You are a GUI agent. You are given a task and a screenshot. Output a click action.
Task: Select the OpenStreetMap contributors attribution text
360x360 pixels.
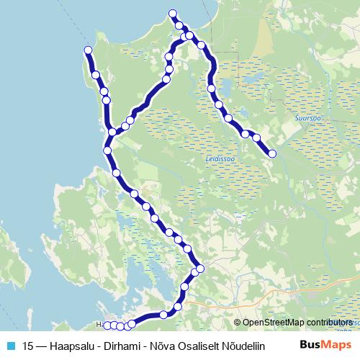[x=295, y=323]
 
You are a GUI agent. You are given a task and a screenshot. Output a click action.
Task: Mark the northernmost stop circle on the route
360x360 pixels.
[x=172, y=14]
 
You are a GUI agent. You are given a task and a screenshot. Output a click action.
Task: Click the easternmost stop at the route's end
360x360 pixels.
[x=272, y=153]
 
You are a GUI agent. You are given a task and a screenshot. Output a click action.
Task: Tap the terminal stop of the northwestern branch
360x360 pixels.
[x=88, y=50]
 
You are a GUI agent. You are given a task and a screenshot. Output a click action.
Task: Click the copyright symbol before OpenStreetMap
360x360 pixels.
[x=238, y=323]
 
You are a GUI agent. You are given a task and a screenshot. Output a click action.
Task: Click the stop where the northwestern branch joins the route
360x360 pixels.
[x=112, y=132]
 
